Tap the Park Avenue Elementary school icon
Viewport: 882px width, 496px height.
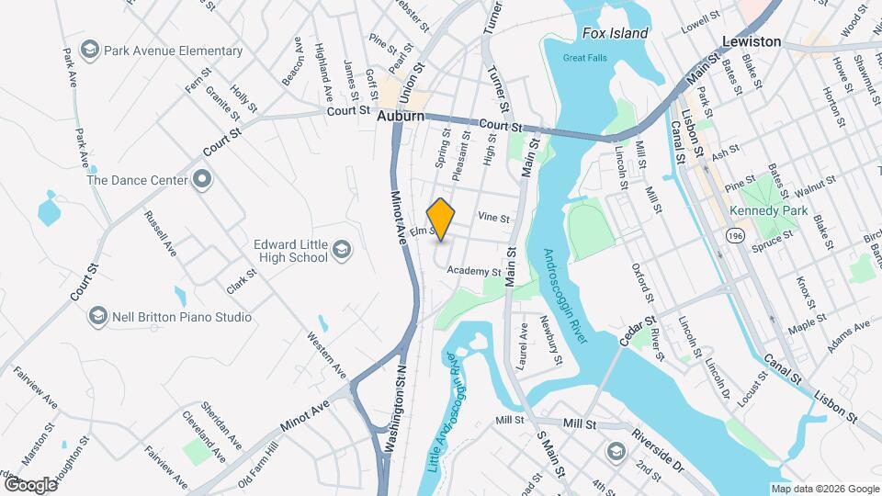[90, 51]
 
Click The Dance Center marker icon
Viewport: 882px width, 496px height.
[202, 180]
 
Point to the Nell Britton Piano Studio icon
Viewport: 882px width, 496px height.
[98, 317]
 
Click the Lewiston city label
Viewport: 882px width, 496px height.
[751, 41]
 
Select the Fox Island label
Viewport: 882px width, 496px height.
[615, 33]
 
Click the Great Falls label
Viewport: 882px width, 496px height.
[585, 59]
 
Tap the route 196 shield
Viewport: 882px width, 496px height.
[734, 237]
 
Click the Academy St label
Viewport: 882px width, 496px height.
[474, 272]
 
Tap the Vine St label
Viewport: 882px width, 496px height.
[493, 218]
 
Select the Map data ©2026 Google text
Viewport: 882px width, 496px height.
[824, 489]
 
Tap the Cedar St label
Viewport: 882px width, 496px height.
[635, 332]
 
